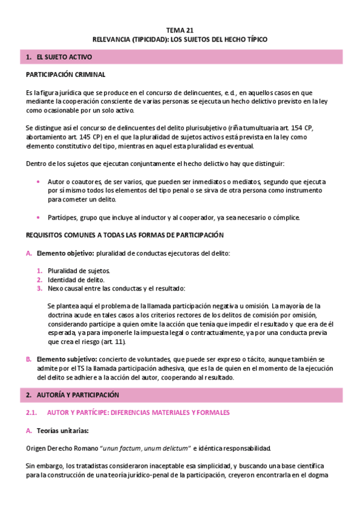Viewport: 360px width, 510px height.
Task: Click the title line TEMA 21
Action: (180, 29)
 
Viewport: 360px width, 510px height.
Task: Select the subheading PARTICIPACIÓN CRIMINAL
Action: (66, 75)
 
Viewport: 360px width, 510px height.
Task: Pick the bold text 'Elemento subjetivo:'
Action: (66, 359)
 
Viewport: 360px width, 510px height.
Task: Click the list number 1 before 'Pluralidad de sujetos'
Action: (39, 271)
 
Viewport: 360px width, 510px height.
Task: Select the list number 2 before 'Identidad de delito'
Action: (39, 280)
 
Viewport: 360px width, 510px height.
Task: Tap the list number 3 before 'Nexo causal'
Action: (39, 288)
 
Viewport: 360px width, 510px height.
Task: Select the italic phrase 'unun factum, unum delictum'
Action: (145, 448)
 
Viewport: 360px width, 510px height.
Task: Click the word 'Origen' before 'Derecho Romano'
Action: (37, 448)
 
